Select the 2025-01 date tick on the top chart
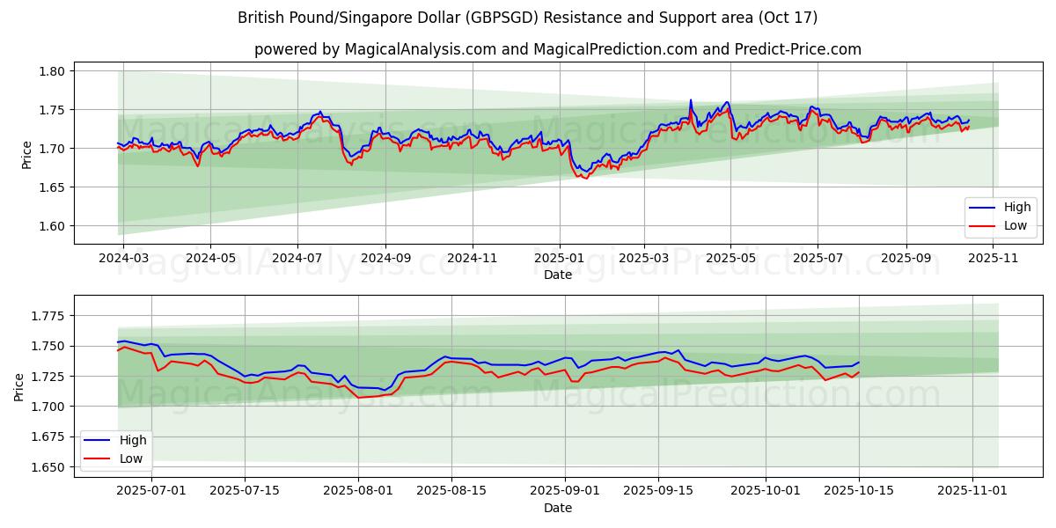click(x=559, y=259)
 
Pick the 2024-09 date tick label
click(x=385, y=259)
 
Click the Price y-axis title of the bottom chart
click(x=19, y=386)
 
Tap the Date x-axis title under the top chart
click(x=558, y=275)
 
